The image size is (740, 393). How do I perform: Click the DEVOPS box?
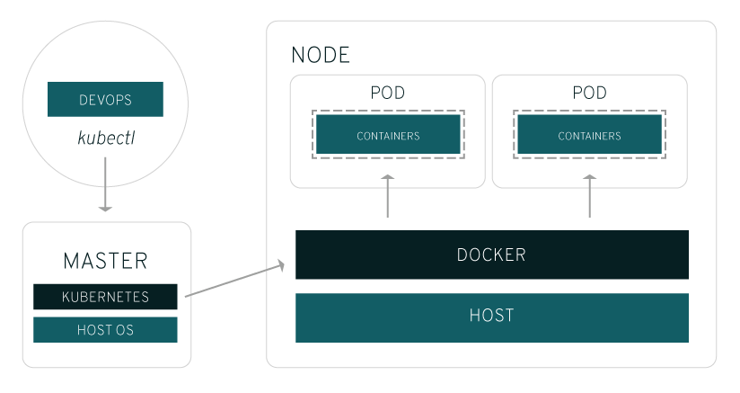tap(105, 99)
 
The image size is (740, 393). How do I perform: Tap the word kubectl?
tap(105, 140)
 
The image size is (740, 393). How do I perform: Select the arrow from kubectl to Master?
tap(105, 184)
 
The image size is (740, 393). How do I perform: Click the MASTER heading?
tap(105, 262)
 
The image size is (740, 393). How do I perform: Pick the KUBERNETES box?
tap(105, 297)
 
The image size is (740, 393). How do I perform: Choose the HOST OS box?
tap(105, 330)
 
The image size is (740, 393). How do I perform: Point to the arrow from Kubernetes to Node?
tap(233, 281)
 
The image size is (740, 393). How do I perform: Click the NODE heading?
tap(321, 55)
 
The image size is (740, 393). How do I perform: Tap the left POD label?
tap(387, 94)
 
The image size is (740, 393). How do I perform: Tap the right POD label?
tap(589, 94)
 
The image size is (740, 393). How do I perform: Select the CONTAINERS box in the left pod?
tap(388, 136)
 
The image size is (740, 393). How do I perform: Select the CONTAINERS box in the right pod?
tap(589, 136)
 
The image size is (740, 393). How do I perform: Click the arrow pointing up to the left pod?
tap(388, 196)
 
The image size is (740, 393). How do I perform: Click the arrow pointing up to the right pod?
tap(590, 196)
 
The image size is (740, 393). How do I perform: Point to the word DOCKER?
tap(491, 255)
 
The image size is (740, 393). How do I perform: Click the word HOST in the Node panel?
tap(491, 317)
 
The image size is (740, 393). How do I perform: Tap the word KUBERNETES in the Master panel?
tap(105, 297)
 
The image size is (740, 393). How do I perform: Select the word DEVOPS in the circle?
tap(105, 99)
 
